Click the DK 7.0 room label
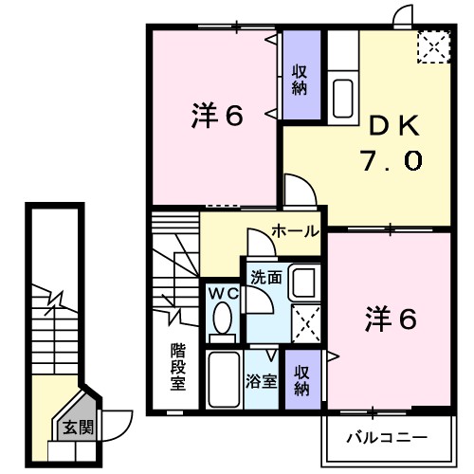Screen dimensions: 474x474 click(x=390, y=143)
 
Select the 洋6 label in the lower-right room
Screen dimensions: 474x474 click(x=390, y=320)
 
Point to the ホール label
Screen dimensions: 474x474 click(x=294, y=230)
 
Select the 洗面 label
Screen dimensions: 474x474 click(x=264, y=278)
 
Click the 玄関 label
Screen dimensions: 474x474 click(x=79, y=428)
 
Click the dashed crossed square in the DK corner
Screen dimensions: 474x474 click(x=434, y=46)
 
